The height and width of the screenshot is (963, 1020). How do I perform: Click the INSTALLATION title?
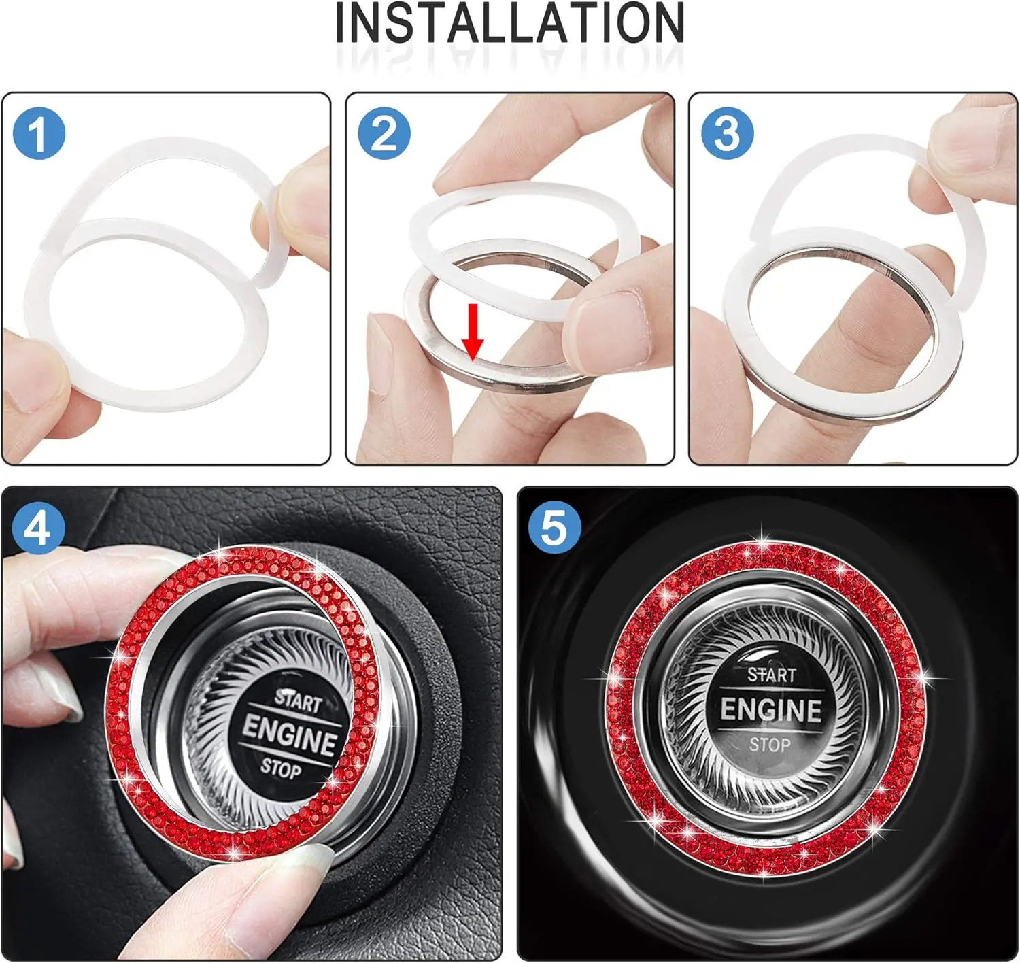tap(509, 23)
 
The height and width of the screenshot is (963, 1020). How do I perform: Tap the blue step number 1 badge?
tap(39, 133)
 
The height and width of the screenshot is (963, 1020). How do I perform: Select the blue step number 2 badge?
tap(384, 133)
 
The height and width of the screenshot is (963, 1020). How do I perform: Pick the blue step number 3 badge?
tap(727, 133)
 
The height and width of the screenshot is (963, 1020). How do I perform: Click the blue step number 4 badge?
tap(39, 528)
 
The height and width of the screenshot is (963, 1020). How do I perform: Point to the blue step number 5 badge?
tap(554, 528)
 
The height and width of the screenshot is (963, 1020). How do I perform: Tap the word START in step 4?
tap(298, 701)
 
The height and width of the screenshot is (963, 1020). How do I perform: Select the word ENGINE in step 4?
tap(290, 735)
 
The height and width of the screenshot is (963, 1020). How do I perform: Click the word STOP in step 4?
tap(280, 768)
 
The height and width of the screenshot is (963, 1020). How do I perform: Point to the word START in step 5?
tap(771, 675)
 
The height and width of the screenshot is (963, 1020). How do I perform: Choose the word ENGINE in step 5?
tap(770, 709)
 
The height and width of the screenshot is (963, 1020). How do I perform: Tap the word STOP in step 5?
tap(769, 745)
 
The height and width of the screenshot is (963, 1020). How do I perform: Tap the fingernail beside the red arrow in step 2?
tap(378, 354)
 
